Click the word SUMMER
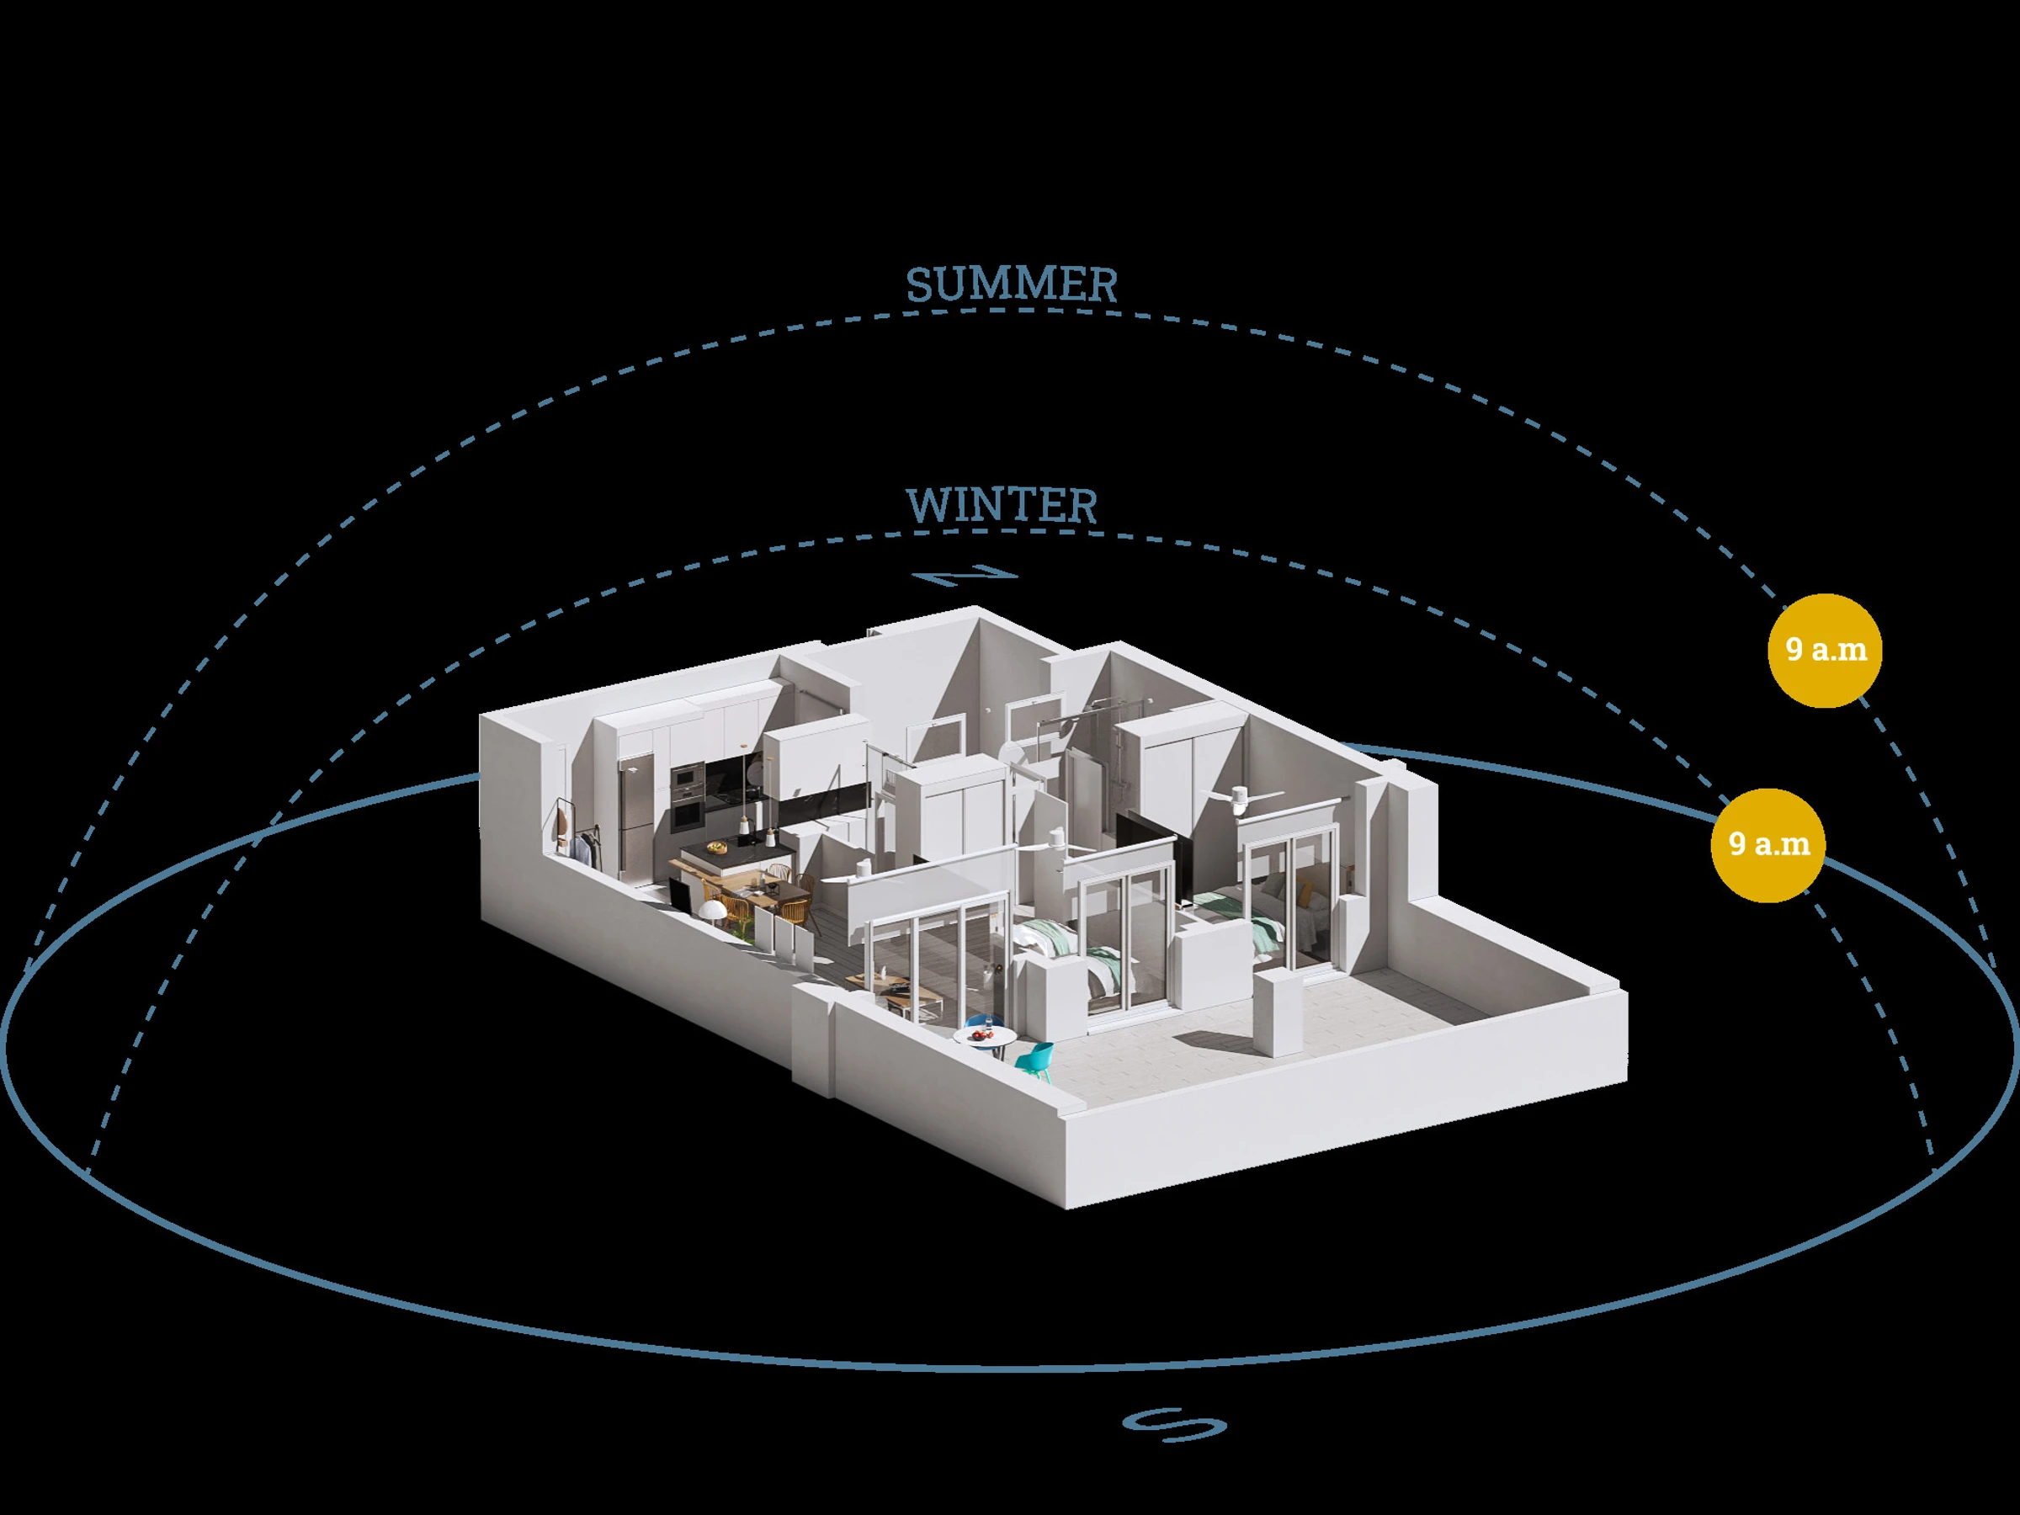1012,285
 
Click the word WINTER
1002,506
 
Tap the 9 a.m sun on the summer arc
1825,651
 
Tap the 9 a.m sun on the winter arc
1768,845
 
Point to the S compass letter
1174,1424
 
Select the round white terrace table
984,1039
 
